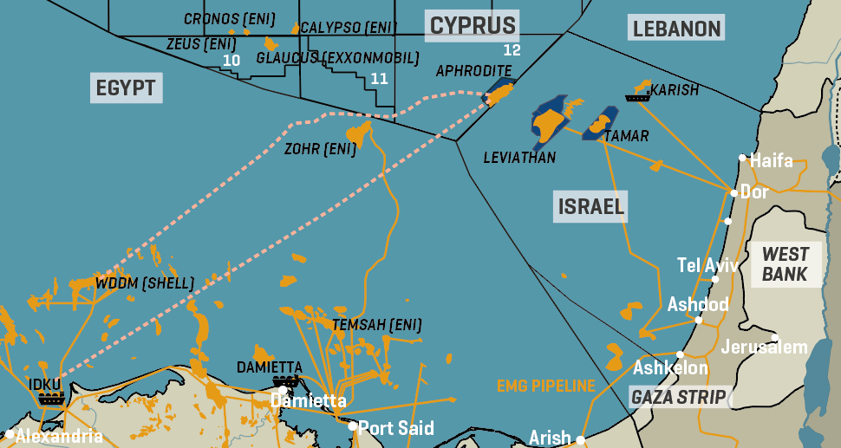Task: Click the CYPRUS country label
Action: (x=473, y=25)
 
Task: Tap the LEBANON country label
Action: (x=676, y=29)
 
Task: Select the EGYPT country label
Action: (x=126, y=88)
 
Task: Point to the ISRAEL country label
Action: (x=590, y=207)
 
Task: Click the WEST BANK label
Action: (x=786, y=264)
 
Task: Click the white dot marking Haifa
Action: (x=743, y=158)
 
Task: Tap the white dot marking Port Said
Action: (x=353, y=425)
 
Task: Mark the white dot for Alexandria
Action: (x=10, y=433)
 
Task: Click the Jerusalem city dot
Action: (x=775, y=338)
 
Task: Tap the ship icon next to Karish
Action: (x=637, y=97)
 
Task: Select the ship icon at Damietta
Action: (x=286, y=380)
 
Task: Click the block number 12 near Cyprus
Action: (x=512, y=49)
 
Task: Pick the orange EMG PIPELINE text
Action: (x=546, y=386)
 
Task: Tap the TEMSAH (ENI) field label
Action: (x=377, y=325)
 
